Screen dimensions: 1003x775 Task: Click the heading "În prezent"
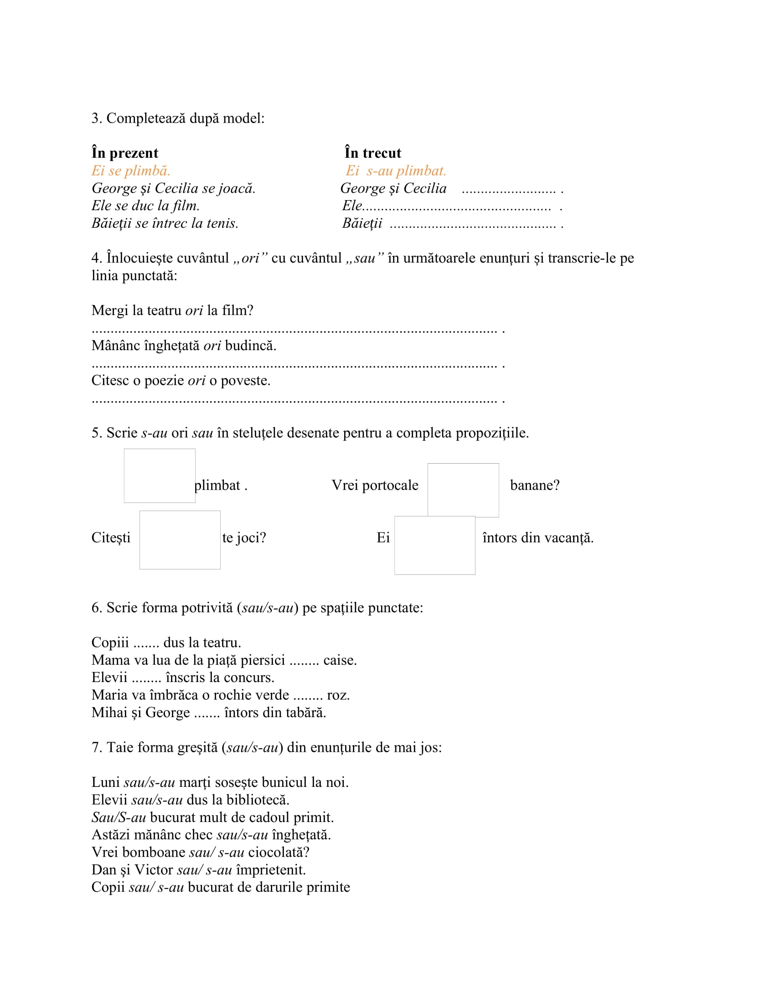click(x=124, y=153)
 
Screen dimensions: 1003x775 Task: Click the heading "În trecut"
click(x=373, y=153)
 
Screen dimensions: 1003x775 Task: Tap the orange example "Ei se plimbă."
click(x=131, y=171)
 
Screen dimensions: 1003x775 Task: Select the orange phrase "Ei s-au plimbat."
click(x=396, y=171)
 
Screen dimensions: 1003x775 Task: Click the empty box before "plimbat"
click(x=159, y=476)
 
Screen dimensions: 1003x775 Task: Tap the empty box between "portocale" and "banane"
click(x=463, y=490)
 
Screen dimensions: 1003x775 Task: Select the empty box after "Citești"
click(x=180, y=540)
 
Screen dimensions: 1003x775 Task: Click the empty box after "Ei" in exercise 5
click(x=434, y=545)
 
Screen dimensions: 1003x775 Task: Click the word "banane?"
click(x=535, y=486)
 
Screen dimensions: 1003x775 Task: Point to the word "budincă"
click(x=251, y=346)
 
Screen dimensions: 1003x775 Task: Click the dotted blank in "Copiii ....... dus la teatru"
click(x=146, y=643)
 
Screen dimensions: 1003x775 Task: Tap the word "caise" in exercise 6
click(x=339, y=661)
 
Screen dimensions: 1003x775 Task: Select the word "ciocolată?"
click(x=279, y=853)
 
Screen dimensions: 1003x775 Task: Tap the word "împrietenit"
click(x=270, y=870)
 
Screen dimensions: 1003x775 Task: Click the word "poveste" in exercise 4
click(x=245, y=380)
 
